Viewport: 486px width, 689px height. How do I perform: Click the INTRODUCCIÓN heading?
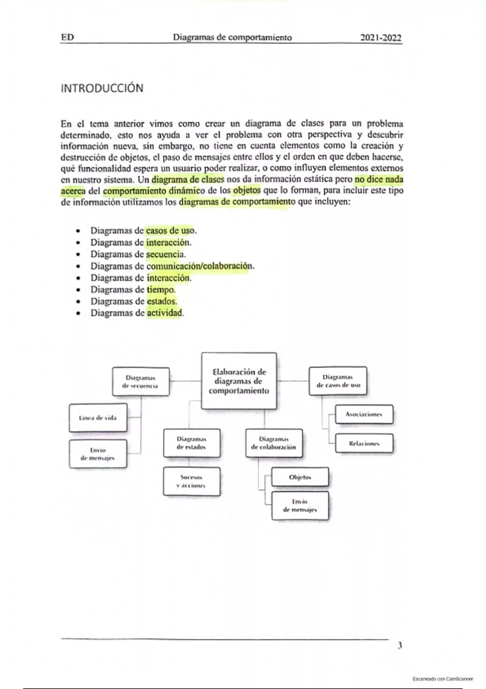102,88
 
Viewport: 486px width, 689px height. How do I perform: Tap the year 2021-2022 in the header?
381,38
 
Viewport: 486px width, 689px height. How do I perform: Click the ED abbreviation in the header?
67,37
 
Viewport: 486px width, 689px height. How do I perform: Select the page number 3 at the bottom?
400,646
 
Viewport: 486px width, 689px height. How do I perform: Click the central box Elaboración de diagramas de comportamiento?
239,381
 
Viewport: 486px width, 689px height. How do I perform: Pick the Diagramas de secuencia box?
141,381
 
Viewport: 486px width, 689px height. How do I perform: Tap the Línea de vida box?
98,417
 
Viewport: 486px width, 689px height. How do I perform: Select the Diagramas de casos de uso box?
338,381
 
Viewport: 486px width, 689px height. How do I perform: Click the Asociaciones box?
363,414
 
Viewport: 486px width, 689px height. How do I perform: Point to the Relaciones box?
364,443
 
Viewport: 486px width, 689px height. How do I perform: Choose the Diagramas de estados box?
192,443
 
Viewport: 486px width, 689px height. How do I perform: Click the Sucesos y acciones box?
192,481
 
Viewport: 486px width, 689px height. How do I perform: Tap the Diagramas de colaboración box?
274,443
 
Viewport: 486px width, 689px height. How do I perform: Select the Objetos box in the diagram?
300,477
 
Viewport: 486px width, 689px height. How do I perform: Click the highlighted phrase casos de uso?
170,231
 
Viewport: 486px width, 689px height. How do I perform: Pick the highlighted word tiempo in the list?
160,289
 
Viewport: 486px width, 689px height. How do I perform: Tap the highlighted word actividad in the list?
164,313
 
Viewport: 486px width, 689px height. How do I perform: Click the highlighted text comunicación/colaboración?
199,266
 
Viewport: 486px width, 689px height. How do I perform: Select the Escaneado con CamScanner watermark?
443,678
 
